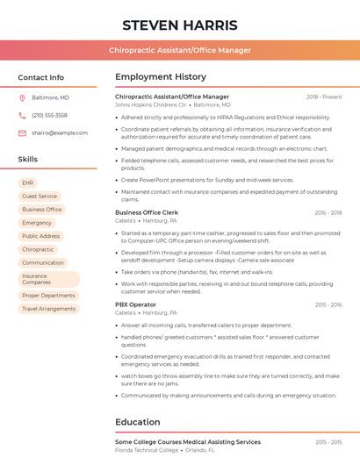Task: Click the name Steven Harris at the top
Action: [179, 25]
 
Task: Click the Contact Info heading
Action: [40, 77]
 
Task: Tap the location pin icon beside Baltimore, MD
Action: [22, 97]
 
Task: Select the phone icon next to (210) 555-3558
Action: [22, 115]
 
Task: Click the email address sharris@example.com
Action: [54, 132]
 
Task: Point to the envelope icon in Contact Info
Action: [22, 132]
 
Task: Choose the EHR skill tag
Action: [28, 182]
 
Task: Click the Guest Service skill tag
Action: [40, 196]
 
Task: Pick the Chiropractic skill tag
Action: [38, 249]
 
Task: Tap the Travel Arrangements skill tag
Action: [48, 309]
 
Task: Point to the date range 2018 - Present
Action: [324, 97]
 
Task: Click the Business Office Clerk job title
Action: [147, 212]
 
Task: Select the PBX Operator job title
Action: [135, 304]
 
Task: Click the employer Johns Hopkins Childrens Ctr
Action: [151, 104]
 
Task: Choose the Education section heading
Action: [137, 422]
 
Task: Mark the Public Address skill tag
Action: [40, 236]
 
